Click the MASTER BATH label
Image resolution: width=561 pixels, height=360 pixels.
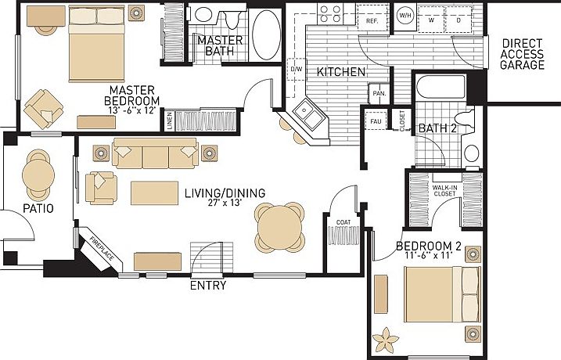(219, 45)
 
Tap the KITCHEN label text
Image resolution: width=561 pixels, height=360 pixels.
(341, 72)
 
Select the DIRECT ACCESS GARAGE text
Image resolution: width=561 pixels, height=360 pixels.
(523, 55)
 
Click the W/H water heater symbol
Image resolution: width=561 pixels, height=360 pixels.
(405, 15)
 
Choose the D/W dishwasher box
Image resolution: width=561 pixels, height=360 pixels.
(297, 70)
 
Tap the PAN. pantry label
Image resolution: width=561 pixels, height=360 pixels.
(379, 93)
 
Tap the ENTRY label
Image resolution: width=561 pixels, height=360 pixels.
(208, 286)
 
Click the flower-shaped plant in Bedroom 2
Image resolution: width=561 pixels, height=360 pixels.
(387, 340)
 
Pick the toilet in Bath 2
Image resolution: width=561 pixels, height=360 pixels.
(473, 152)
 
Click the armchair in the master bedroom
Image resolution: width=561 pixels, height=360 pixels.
(41, 107)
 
